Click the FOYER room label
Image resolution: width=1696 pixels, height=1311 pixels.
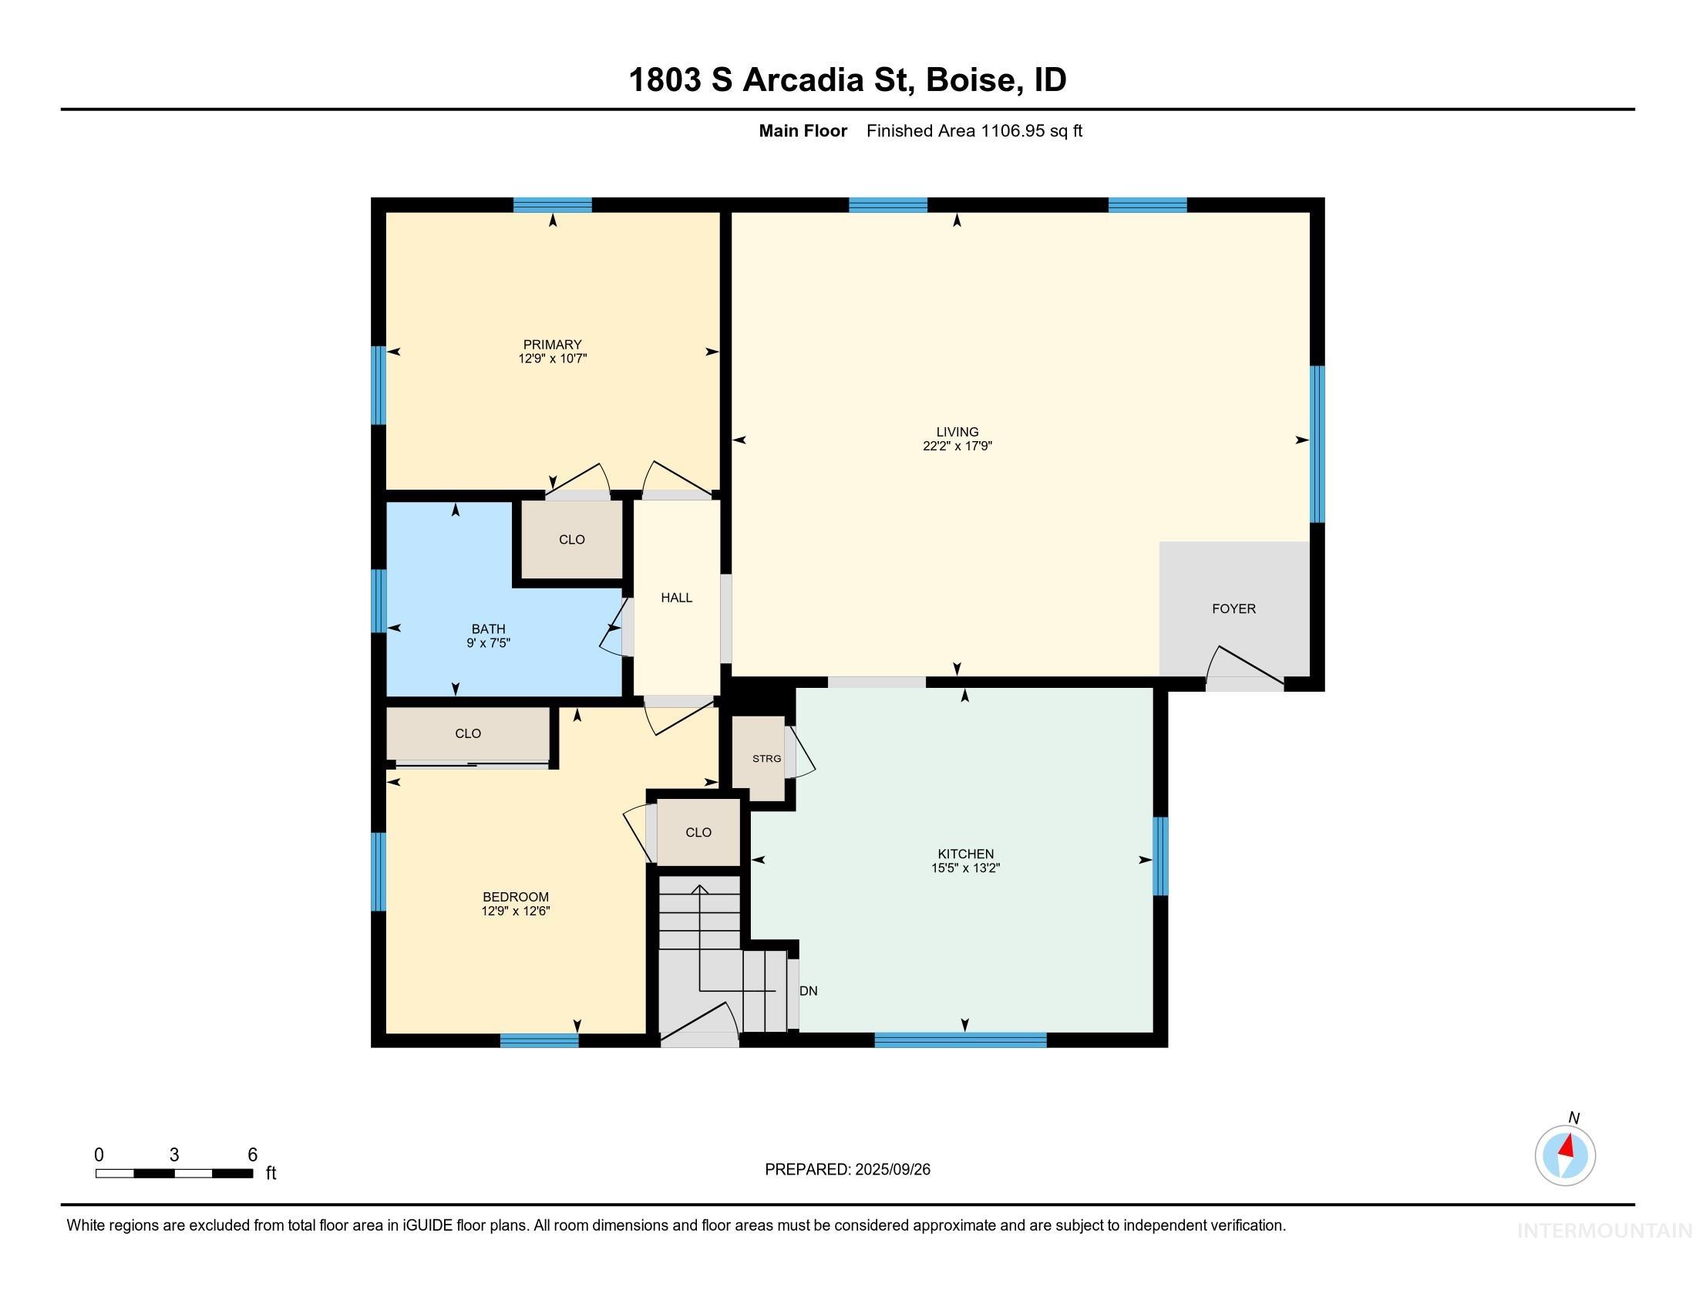(x=1233, y=609)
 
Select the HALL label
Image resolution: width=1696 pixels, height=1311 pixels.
(x=676, y=597)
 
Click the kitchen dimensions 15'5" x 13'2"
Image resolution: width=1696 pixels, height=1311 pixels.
(x=965, y=868)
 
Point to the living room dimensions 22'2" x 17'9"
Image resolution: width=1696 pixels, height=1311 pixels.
(x=957, y=446)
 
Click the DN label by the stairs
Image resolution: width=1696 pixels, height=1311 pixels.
(x=809, y=991)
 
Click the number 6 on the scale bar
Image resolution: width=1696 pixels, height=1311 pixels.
(x=252, y=1155)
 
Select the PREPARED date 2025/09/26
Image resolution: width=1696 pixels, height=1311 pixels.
(x=891, y=1170)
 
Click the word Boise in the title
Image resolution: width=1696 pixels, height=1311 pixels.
(x=970, y=80)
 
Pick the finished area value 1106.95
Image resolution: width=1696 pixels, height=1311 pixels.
(x=1013, y=131)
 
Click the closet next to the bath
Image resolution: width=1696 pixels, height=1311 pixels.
(x=571, y=540)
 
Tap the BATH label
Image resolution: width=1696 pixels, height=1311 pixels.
(x=489, y=629)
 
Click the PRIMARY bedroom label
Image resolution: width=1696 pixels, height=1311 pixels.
(x=552, y=345)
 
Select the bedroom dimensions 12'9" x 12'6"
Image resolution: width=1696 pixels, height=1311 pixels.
(x=515, y=911)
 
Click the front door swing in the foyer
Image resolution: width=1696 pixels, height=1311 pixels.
(x=1243, y=666)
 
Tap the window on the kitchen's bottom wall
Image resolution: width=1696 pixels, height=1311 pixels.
(x=961, y=1040)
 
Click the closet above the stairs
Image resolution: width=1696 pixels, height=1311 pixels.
(x=698, y=833)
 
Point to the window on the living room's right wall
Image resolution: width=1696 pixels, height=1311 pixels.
(x=1317, y=444)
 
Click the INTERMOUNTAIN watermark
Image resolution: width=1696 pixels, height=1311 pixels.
(x=1604, y=1231)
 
